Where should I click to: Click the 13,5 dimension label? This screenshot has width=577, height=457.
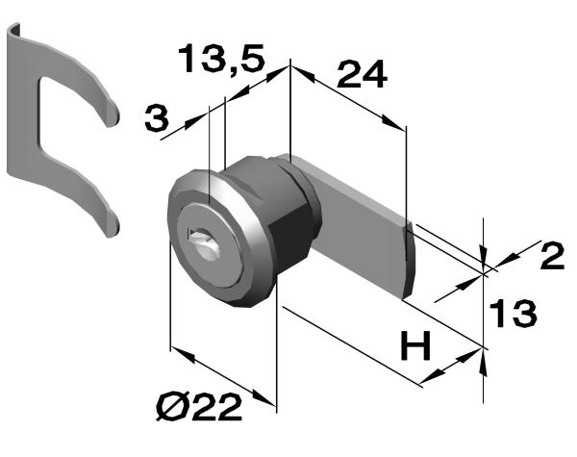tap(221, 59)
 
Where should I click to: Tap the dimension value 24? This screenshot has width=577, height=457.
tap(362, 75)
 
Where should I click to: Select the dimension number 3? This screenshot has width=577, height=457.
tap(157, 117)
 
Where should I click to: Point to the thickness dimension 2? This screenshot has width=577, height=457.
tap(552, 255)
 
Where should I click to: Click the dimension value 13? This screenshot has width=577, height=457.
tap(513, 313)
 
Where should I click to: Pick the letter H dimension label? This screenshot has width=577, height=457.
tap(415, 345)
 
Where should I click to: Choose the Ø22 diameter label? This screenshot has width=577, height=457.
tap(199, 407)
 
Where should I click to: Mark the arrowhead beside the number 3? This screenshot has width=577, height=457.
tap(194, 122)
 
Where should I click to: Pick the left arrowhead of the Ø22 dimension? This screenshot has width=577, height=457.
tap(183, 354)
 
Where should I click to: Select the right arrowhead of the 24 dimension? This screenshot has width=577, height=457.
tap(393, 122)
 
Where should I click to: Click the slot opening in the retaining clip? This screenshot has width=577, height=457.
tap(70, 121)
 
